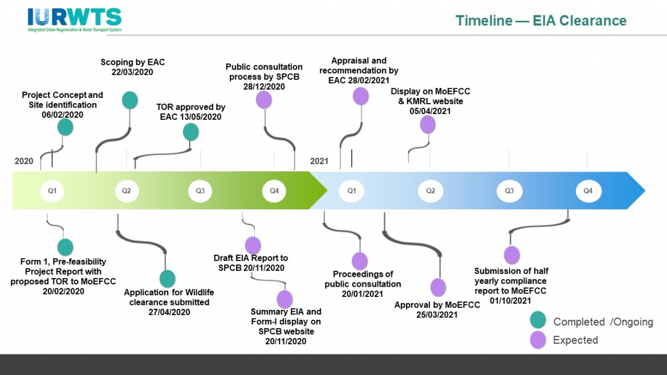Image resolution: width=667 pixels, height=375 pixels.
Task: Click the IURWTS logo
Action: (75, 20)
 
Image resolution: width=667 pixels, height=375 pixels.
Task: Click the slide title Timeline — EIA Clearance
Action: (540, 21)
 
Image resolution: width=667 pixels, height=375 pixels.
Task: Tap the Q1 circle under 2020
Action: (52, 191)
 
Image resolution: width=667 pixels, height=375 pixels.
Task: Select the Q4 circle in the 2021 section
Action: (588, 191)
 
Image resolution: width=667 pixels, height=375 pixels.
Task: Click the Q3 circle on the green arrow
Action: (200, 191)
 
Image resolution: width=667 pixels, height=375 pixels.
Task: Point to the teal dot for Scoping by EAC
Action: (130, 100)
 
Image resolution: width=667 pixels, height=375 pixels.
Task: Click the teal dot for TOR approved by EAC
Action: (191, 132)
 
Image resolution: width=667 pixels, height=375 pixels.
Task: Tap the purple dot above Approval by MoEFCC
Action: (438, 287)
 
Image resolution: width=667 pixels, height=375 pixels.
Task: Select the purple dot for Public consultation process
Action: (263, 99)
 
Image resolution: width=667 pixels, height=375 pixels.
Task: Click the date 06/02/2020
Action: (63, 115)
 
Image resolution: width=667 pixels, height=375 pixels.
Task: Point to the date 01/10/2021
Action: (511, 300)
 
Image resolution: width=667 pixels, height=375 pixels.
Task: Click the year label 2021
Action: (319, 161)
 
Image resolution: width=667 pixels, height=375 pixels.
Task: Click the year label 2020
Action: (24, 161)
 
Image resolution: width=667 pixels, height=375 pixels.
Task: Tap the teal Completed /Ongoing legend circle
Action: (538, 320)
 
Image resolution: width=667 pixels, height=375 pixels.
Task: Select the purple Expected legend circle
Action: (538, 340)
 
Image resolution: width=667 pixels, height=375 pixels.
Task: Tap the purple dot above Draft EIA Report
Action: (253, 245)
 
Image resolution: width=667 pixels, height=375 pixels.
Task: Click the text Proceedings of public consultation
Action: (363, 279)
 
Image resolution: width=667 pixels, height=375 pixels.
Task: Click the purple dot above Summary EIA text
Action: (284, 299)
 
